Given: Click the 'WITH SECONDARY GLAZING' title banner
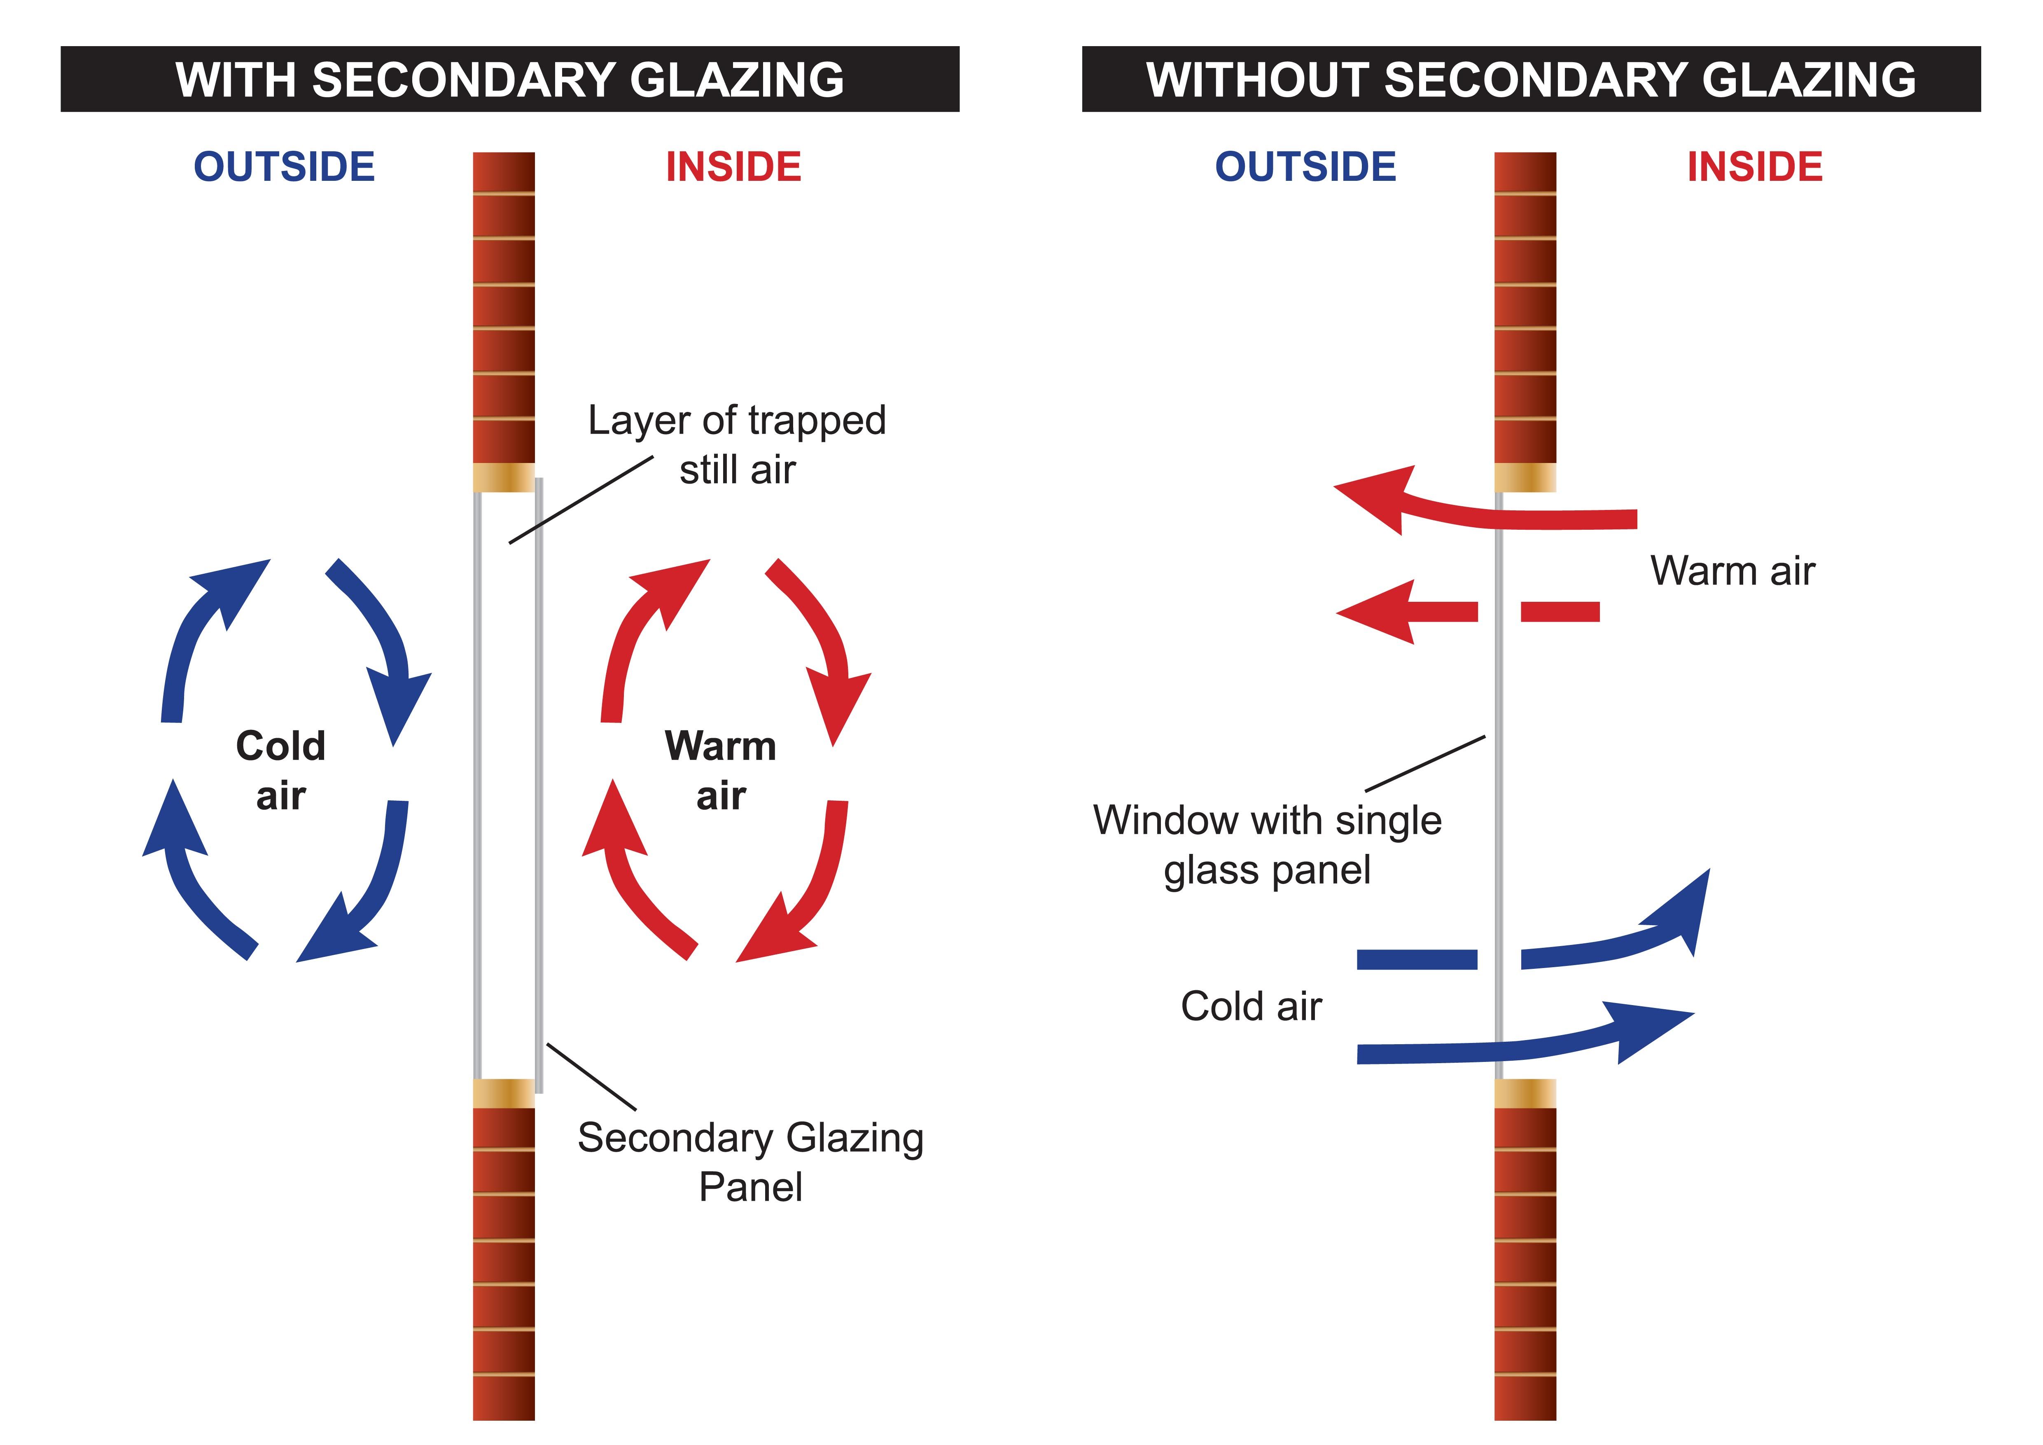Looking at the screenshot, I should click(510, 79).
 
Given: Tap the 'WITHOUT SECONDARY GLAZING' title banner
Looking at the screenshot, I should click(1530, 79).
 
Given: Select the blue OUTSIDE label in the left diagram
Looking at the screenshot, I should click(285, 167).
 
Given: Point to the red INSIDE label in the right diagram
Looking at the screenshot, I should click(1755, 167).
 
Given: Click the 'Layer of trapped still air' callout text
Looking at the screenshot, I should click(737, 444).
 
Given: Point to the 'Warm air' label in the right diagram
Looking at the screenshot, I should click(1732, 571).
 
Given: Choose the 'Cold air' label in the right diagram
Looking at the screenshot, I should click(1251, 1006).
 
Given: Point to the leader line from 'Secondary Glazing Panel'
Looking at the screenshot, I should click(591, 1077).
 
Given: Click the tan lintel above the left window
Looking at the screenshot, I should click(504, 478).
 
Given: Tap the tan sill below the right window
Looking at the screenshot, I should click(1525, 1093).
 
